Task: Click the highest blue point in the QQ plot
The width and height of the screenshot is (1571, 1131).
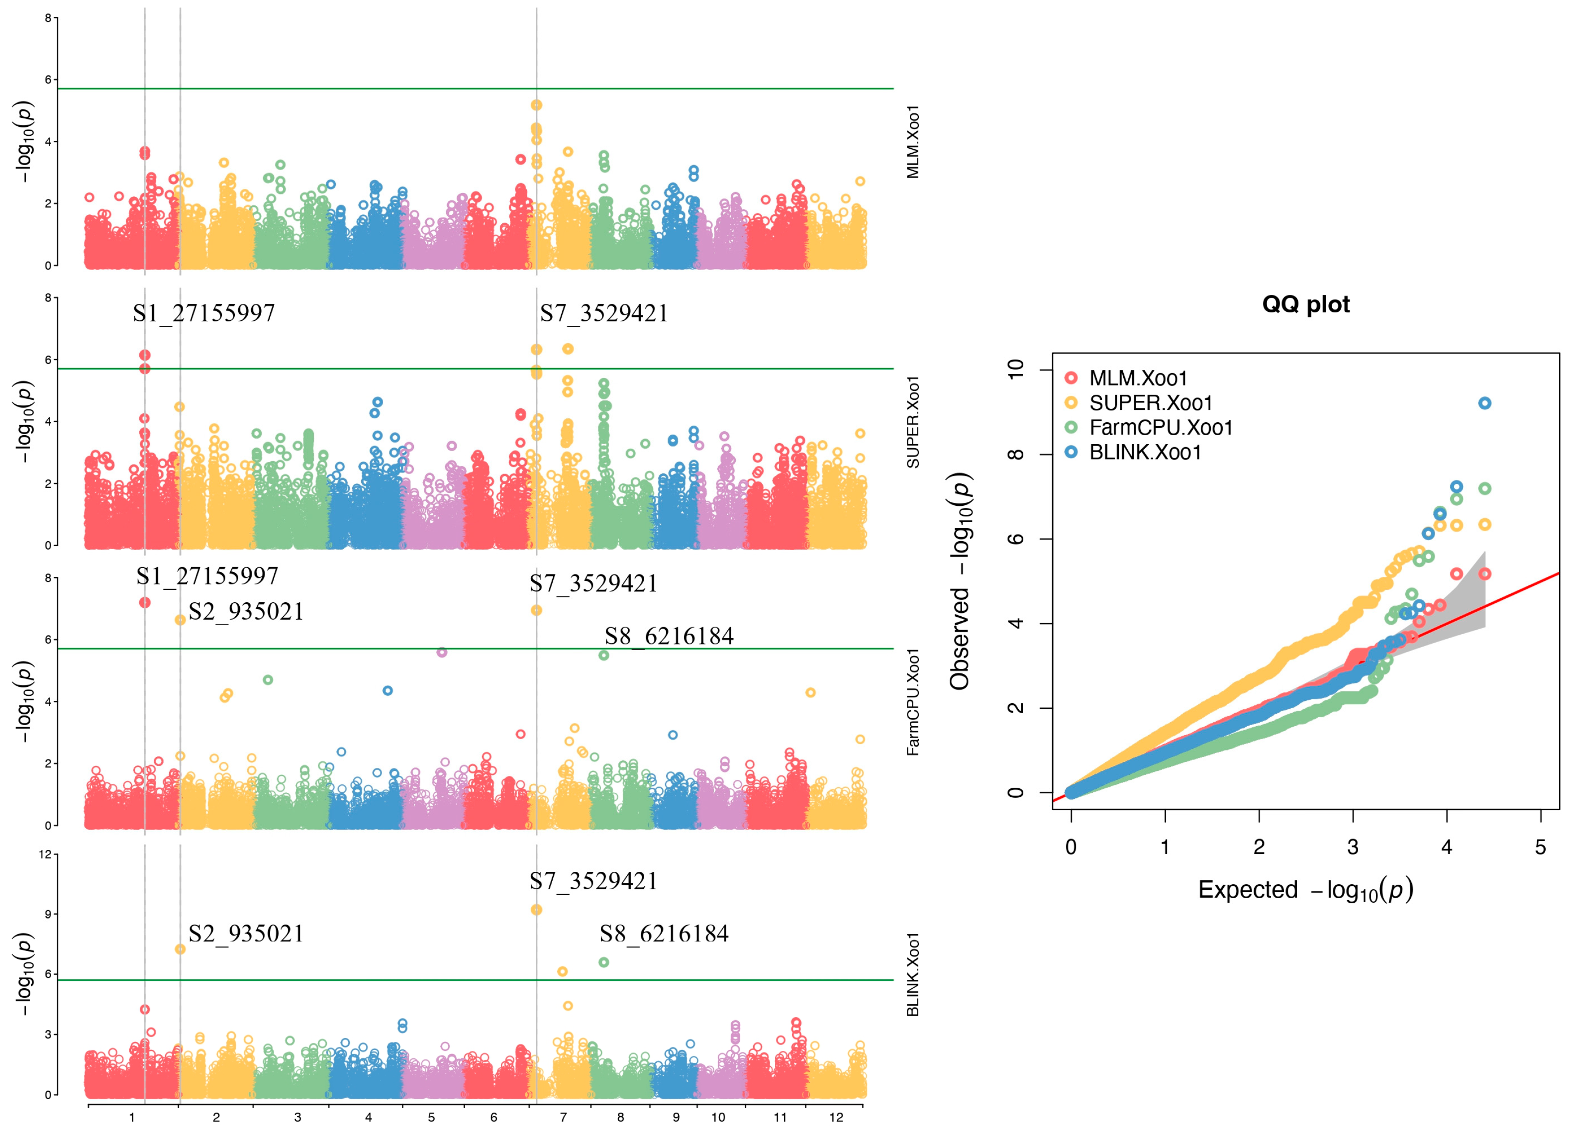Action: (x=1484, y=403)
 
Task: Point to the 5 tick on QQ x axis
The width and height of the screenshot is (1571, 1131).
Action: (x=1541, y=847)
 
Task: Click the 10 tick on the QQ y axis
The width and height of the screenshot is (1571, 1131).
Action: (x=1015, y=369)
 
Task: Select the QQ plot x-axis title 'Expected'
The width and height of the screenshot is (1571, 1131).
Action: (x=1248, y=889)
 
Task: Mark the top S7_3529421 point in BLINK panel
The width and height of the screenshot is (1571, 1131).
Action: (x=536, y=909)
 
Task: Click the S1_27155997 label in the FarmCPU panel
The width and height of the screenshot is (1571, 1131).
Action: (x=207, y=575)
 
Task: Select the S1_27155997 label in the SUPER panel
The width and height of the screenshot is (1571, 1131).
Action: (x=203, y=313)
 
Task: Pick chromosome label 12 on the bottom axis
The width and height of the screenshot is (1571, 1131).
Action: (x=836, y=1117)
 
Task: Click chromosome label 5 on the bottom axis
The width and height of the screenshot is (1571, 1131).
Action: (x=431, y=1117)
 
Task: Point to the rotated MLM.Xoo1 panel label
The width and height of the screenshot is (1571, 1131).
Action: (x=913, y=142)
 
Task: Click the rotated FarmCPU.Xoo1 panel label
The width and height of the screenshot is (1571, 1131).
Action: (x=913, y=702)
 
